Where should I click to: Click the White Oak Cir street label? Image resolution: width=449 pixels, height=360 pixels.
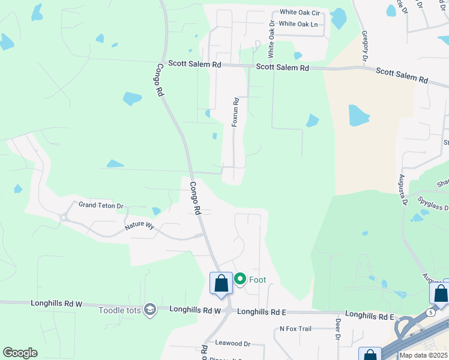click(300, 12)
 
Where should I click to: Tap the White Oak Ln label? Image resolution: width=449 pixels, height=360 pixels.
click(298, 24)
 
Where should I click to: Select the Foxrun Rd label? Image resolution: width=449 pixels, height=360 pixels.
click(236, 112)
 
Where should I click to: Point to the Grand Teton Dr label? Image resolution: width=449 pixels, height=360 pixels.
click(101, 205)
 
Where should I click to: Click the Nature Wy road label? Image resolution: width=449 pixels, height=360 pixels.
click(139, 227)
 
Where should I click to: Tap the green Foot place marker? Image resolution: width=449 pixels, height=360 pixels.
click(240, 279)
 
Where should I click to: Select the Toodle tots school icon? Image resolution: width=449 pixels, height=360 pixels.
click(149, 309)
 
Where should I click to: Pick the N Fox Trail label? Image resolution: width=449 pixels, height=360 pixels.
click(296, 329)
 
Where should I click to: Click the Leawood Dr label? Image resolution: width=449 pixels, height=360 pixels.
click(232, 343)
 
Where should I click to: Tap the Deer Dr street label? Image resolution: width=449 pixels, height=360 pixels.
click(338, 332)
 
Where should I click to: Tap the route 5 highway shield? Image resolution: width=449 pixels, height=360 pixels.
click(430, 313)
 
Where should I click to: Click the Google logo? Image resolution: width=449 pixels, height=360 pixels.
click(20, 353)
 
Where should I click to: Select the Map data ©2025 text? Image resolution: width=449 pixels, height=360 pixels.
click(423, 355)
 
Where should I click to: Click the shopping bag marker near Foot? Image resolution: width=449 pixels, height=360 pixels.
click(221, 283)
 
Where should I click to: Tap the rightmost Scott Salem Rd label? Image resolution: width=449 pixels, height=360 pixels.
click(402, 75)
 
